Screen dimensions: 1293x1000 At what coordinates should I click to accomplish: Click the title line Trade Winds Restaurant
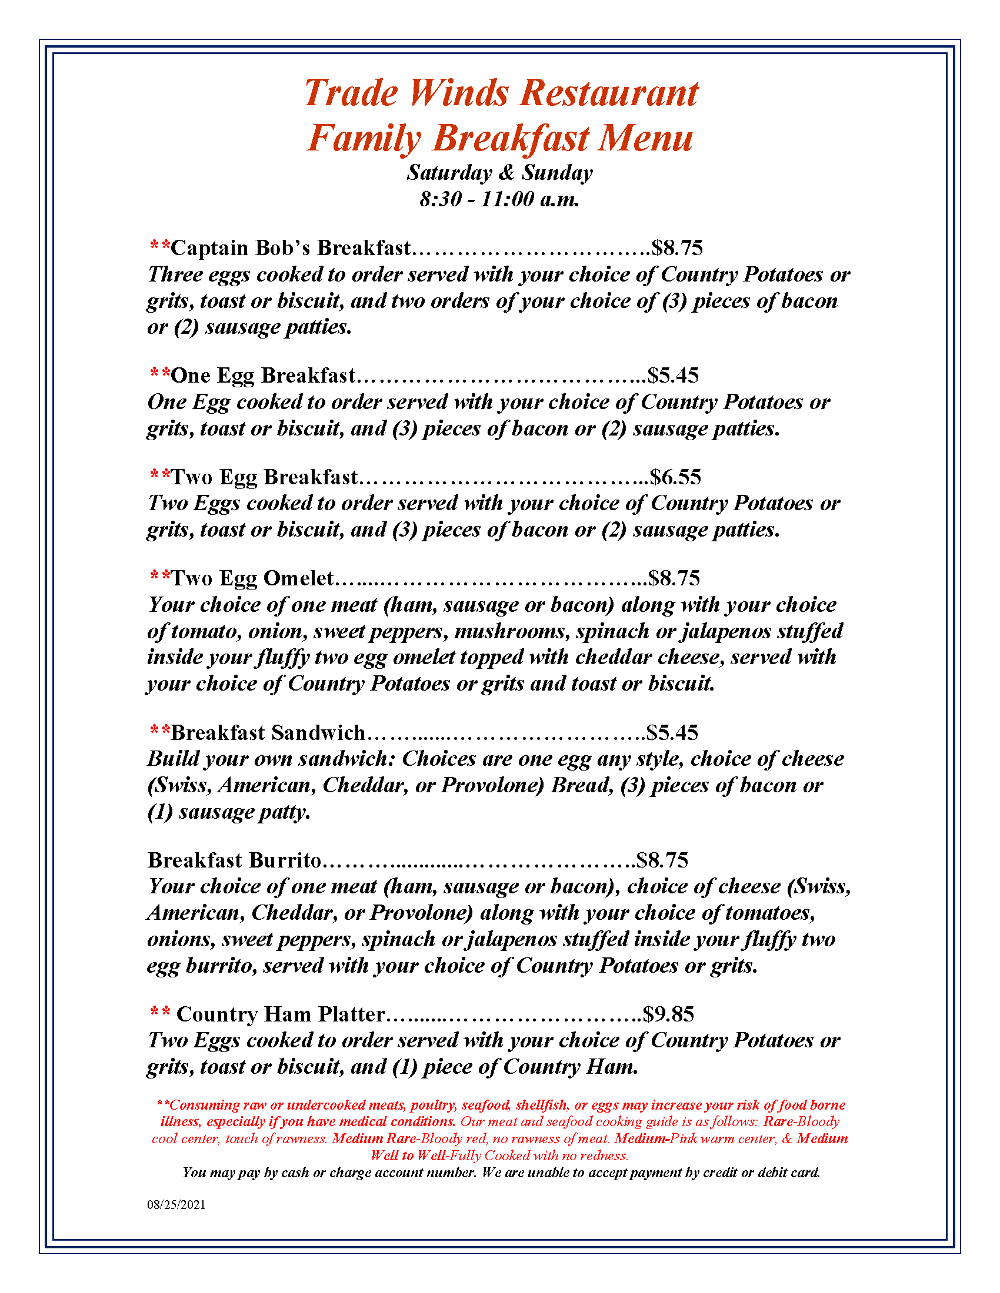[501, 93]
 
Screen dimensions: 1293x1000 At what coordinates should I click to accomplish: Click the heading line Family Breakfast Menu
[501, 138]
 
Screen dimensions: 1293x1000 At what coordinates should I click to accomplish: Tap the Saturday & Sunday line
[499, 173]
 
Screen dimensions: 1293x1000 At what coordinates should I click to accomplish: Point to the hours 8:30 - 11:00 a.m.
[499, 199]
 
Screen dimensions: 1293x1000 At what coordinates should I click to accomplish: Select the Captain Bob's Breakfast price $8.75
[676, 247]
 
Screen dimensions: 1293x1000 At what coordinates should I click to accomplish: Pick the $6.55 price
[675, 477]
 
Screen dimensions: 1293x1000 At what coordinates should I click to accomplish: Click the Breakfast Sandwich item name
[268, 732]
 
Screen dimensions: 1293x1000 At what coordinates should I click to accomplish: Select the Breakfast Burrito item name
[235, 860]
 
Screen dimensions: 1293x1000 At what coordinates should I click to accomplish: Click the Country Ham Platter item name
[281, 1014]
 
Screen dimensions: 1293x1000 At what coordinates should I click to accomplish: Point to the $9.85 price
[668, 1014]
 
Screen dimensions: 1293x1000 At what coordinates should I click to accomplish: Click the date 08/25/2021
[176, 1205]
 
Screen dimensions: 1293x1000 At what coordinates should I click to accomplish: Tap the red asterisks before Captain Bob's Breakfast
[160, 245]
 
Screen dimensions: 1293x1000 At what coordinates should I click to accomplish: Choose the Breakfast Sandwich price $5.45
[672, 732]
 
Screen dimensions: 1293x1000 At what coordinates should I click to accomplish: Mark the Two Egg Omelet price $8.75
[674, 578]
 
